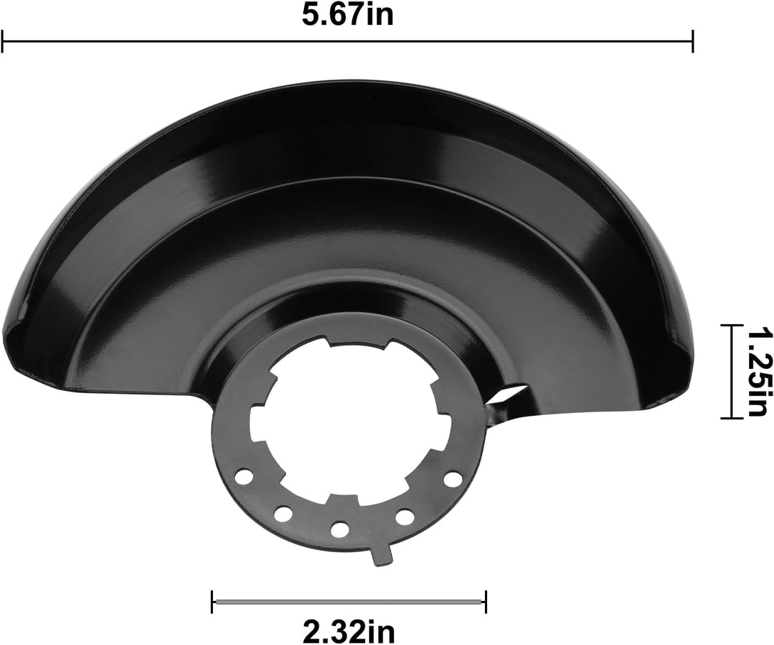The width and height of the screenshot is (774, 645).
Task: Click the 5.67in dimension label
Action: [x=347, y=15]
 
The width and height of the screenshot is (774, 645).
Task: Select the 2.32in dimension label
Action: [x=348, y=629]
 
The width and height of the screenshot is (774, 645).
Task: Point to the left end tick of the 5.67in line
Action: [x=3, y=41]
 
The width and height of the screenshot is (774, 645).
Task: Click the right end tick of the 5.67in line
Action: [x=692, y=41]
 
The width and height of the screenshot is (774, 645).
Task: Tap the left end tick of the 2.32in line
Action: [x=212, y=602]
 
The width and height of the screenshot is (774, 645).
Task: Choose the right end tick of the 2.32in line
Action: [x=486, y=602]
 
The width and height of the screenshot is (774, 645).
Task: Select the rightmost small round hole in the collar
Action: [x=450, y=479]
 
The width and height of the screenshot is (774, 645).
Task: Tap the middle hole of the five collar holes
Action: [x=340, y=529]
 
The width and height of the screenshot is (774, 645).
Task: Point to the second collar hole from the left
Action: [x=283, y=512]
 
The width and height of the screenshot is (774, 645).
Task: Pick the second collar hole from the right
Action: [x=405, y=516]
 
